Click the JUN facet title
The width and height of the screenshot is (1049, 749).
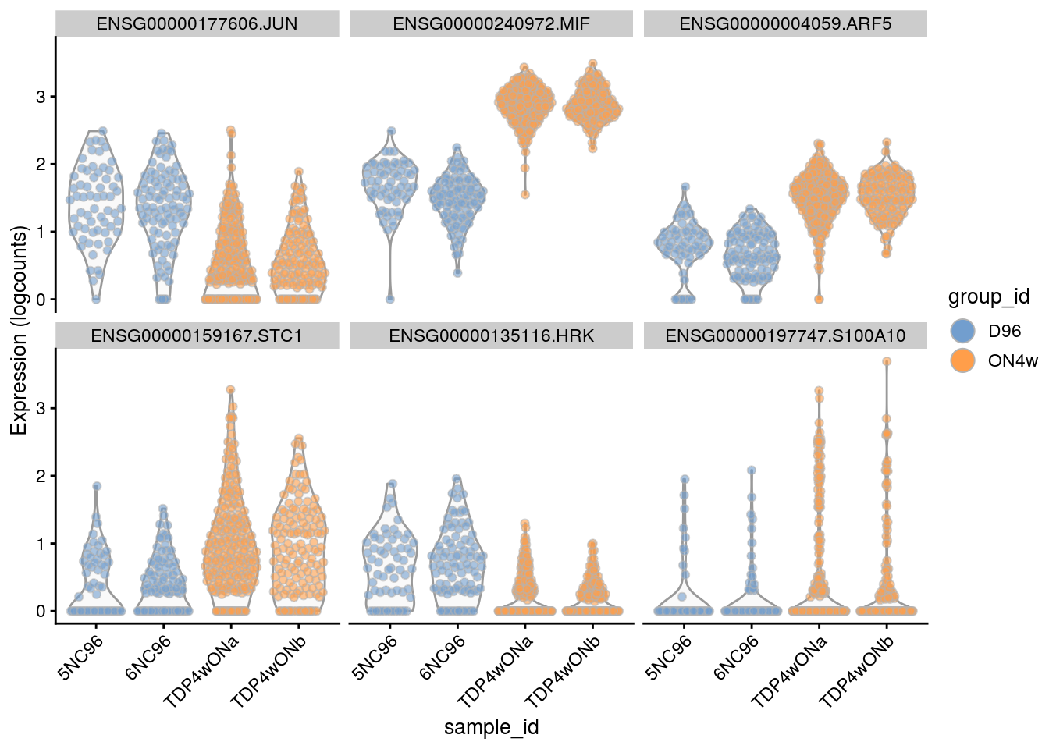[197, 24]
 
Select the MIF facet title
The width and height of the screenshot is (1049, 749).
[491, 24]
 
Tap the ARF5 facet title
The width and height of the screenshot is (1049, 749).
[785, 24]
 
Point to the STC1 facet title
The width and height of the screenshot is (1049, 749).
[197, 336]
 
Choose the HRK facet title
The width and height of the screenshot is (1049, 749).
[491, 336]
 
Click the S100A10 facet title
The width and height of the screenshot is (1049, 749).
[785, 336]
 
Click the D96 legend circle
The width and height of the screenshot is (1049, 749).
[964, 331]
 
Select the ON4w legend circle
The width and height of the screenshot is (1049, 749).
[964, 360]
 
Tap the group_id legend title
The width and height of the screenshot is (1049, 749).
[988, 297]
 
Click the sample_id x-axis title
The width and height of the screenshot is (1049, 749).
[491, 728]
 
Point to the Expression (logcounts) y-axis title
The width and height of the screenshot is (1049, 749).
[19, 330]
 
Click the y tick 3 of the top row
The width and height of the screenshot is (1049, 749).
[41, 97]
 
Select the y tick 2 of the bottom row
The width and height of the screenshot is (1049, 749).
[41, 476]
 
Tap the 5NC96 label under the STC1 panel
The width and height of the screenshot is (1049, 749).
[82, 658]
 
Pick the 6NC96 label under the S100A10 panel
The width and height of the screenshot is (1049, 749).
[737, 658]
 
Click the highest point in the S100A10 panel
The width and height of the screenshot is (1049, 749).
[887, 361]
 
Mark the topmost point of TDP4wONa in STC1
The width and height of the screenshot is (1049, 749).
[231, 389]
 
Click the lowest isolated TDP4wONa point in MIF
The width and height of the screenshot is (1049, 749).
[525, 195]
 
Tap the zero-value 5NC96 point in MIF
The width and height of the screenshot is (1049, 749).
[389, 300]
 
